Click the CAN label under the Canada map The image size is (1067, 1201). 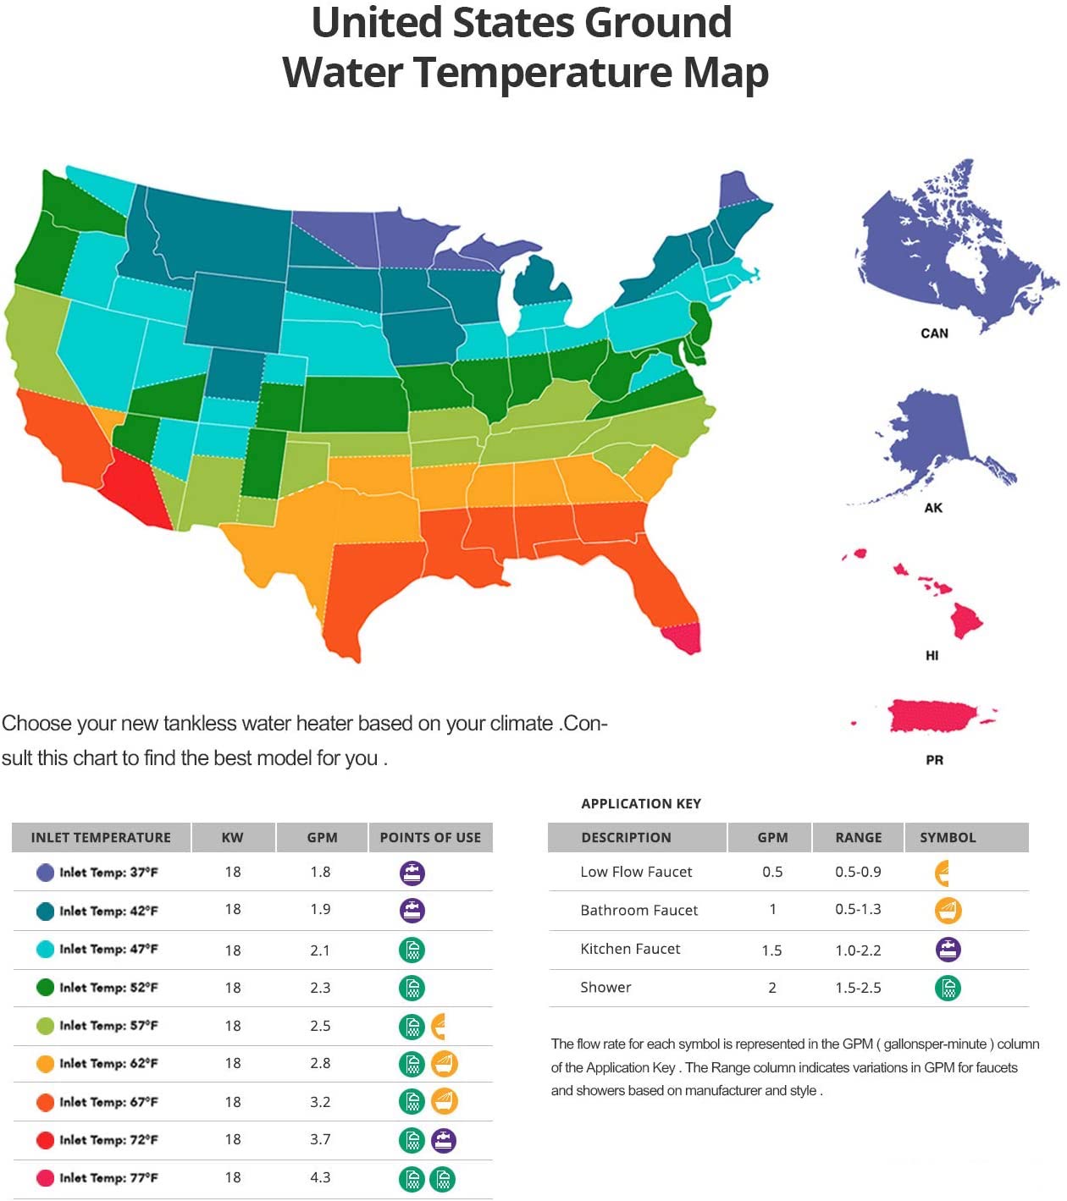point(934,333)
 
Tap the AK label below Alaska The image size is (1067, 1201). point(933,508)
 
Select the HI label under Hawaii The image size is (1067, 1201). point(932,655)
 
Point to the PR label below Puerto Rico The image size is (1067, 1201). point(934,760)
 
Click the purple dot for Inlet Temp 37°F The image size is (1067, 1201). point(46,873)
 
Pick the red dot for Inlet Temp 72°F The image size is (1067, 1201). point(46,1140)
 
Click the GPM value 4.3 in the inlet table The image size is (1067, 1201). point(320,1177)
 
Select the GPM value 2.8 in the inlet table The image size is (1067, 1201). point(320,1063)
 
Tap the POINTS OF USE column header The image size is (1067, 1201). point(430,837)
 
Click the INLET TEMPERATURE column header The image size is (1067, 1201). point(101,837)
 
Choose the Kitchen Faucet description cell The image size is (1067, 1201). point(630,949)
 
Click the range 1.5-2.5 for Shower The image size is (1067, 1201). point(858,987)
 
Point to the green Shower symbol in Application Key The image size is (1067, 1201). point(948,988)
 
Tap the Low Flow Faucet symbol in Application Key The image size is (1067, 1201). point(943,873)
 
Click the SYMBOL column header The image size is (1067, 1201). point(948,837)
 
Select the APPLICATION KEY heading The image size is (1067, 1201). point(641,803)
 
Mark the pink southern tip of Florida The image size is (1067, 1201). point(683,637)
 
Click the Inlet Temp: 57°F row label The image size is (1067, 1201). point(108,1026)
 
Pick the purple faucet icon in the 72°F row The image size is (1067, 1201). point(444,1141)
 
